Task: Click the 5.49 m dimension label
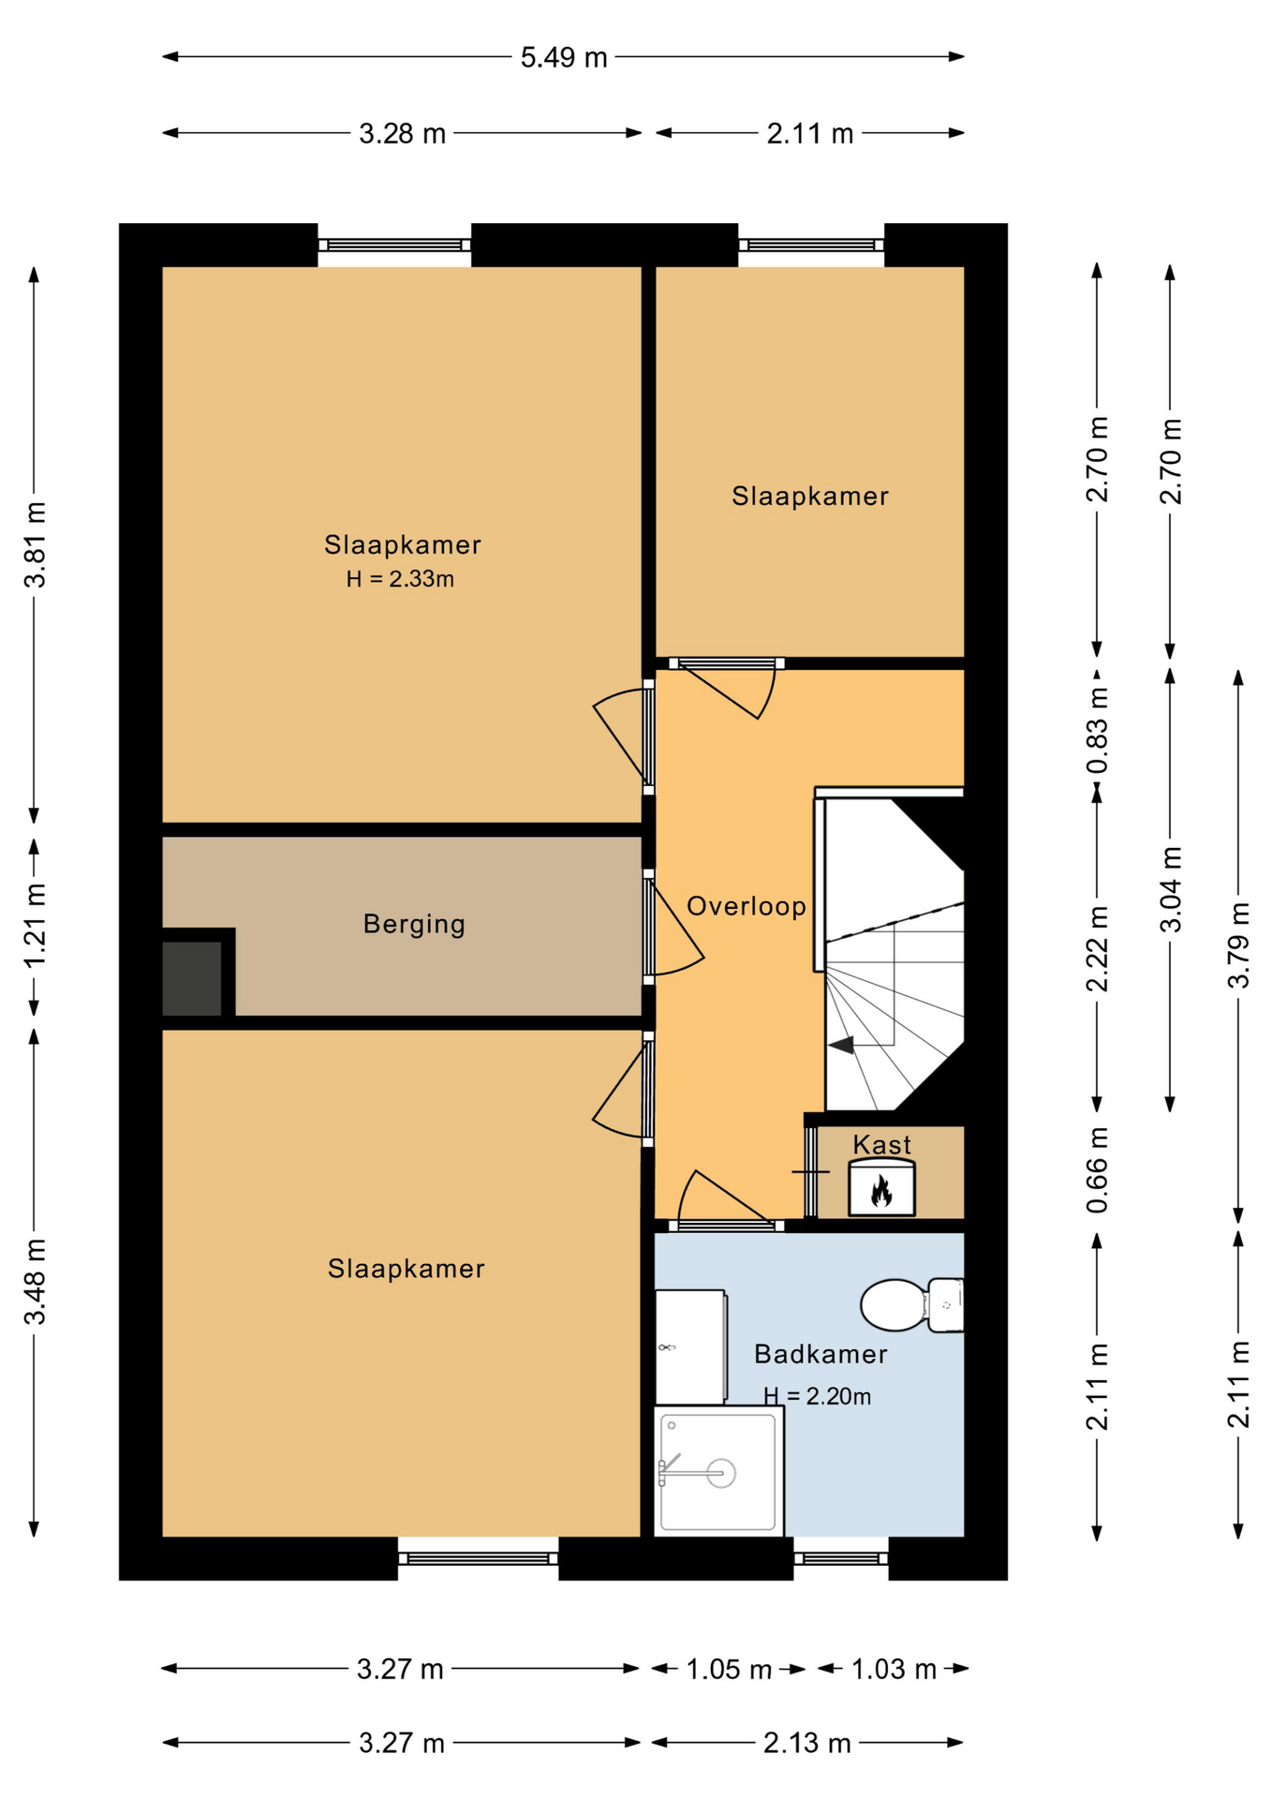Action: tap(564, 57)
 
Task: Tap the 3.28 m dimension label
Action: tap(402, 134)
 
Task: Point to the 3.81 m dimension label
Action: tap(36, 544)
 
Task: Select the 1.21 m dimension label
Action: tap(36, 927)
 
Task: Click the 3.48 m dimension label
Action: tap(36, 1282)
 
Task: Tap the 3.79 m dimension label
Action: tap(1238, 945)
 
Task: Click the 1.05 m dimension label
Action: tap(729, 1669)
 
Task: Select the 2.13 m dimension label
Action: tap(806, 1743)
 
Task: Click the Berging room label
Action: tap(414, 925)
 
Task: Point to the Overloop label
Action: tap(747, 906)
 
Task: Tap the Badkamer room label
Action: tap(821, 1354)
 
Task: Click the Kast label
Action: tap(881, 1144)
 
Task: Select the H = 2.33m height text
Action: tap(400, 579)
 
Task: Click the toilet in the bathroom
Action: tap(911, 1304)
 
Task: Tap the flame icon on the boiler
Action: tap(880, 1192)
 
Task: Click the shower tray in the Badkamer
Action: tap(718, 1471)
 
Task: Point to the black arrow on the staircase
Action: tap(841, 1045)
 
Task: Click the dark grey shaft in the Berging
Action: tap(192, 978)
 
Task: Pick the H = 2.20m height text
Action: tap(817, 1396)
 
